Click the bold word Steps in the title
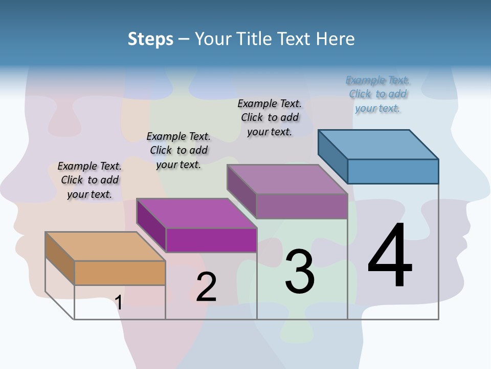tap(150, 39)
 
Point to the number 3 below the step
tap(300, 272)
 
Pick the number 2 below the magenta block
tap(206, 287)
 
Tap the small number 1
tap(118, 302)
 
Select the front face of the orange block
tap(120, 273)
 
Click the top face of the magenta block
tap(196, 213)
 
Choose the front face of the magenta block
tap(211, 240)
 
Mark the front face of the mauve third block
tap(302, 206)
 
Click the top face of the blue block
tap(378, 144)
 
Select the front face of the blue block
tap(393, 171)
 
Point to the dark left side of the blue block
tap(332, 156)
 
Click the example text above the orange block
tap(90, 180)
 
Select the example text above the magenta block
tap(178, 150)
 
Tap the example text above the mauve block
tap(270, 117)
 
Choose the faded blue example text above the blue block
tap(378, 94)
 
